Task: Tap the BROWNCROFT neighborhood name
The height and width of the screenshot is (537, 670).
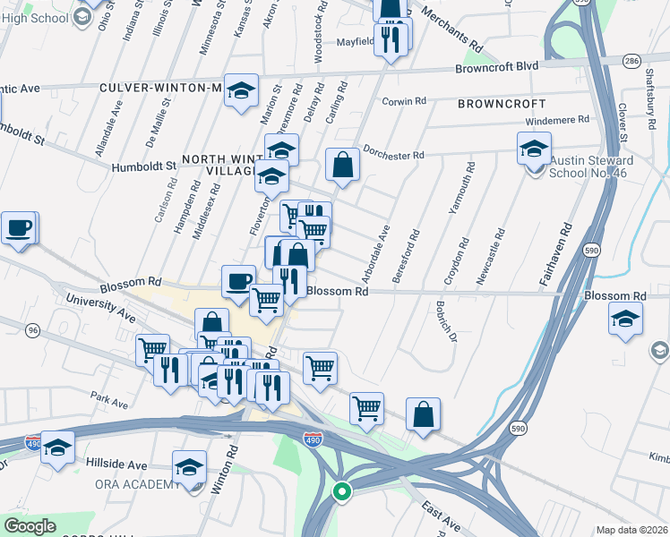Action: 495,104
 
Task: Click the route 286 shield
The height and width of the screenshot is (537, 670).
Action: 632,60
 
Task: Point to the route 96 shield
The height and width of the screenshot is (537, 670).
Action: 33,330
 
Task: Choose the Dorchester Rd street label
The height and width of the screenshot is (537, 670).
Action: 393,153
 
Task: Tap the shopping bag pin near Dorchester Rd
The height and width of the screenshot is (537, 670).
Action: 342,165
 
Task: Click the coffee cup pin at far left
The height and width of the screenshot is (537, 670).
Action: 18,228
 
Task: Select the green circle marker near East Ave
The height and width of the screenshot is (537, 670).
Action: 341,490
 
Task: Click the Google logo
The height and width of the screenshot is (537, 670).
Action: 30,526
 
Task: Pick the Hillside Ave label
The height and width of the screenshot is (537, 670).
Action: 116,465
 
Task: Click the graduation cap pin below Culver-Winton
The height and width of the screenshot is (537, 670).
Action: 241,91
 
